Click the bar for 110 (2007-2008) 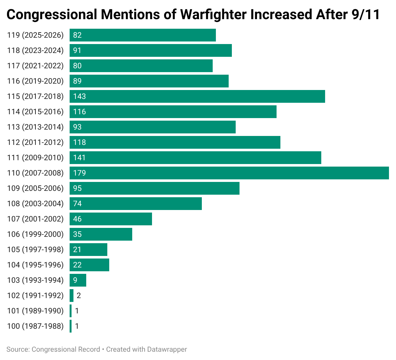pyautogui.click(x=229, y=173)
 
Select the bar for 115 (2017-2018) pyautogui.click(x=197, y=96)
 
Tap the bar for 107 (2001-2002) pyautogui.click(x=111, y=219)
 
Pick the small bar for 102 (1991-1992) pyautogui.click(x=72, y=296)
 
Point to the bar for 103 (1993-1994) pyautogui.click(x=78, y=280)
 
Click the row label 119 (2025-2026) pyautogui.click(x=35, y=35)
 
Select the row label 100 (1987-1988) pyautogui.click(x=35, y=326)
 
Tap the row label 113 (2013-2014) pyautogui.click(x=35, y=127)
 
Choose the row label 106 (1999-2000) pyautogui.click(x=35, y=234)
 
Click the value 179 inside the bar pyautogui.click(x=80, y=173)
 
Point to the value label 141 pyautogui.click(x=80, y=158)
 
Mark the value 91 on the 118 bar pyautogui.click(x=77, y=50)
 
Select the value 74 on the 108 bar pyautogui.click(x=77, y=204)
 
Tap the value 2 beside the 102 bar pyautogui.click(x=79, y=296)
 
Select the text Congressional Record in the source pyautogui.click(x=66, y=349)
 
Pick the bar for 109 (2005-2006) pyautogui.click(x=155, y=188)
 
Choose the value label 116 pyautogui.click(x=80, y=112)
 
